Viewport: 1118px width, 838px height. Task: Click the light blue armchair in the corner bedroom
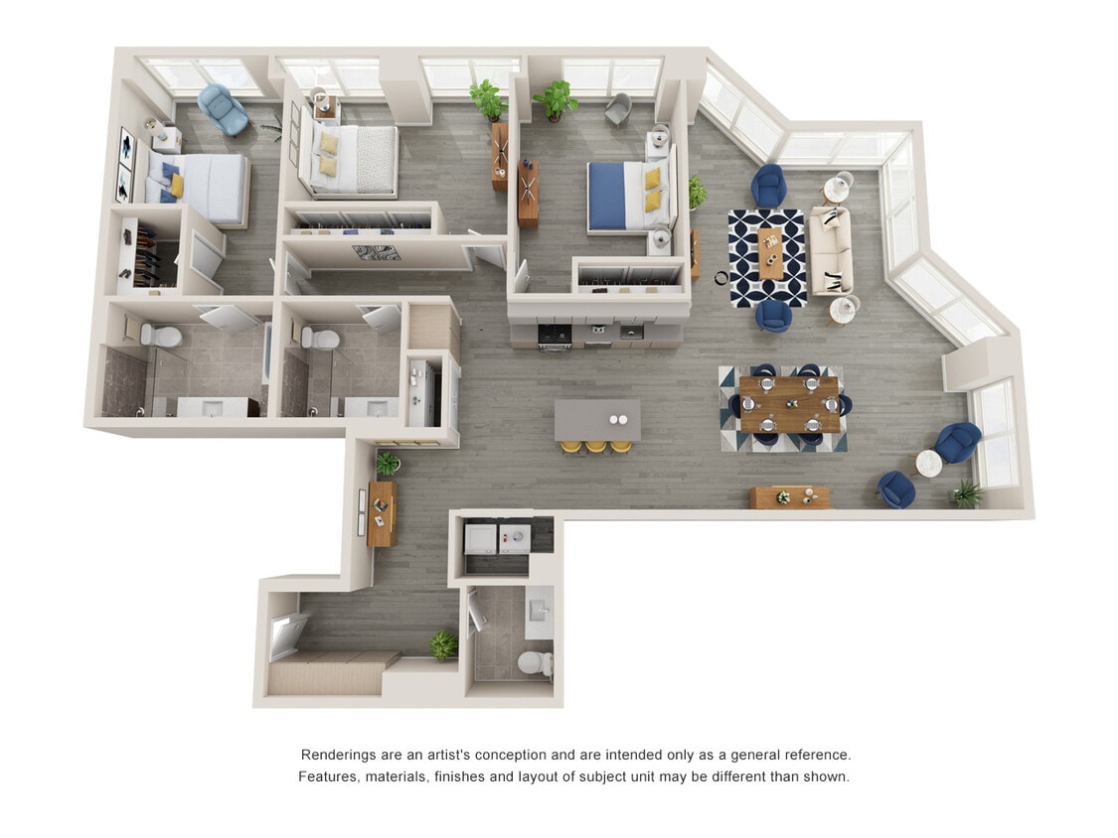point(223,109)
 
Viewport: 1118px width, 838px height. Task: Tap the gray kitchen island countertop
point(596,419)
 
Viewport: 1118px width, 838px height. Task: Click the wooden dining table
point(789,404)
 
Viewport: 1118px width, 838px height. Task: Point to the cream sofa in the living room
point(831,250)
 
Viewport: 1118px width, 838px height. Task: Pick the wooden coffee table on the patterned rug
point(771,253)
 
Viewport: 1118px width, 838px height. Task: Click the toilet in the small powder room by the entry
point(536,662)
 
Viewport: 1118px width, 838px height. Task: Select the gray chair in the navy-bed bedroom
point(617,107)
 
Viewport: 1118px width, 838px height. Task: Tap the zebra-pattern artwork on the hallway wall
point(376,253)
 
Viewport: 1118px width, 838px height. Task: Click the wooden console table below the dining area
point(789,496)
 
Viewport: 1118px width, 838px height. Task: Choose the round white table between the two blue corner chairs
point(928,464)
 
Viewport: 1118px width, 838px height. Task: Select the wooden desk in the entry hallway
point(381,512)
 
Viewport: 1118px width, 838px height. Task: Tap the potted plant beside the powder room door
point(443,645)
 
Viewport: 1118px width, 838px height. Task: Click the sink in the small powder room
point(539,609)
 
